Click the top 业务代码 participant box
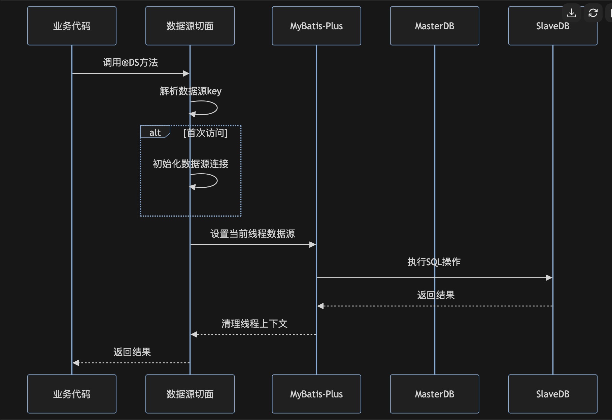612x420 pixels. click(x=72, y=26)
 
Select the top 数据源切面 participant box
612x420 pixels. click(x=190, y=26)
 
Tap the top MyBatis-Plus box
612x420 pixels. click(x=316, y=26)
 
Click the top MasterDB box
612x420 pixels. click(x=434, y=26)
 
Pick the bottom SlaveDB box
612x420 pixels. click(x=552, y=394)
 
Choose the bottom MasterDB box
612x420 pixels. click(x=434, y=394)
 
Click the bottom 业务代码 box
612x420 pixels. click(x=72, y=394)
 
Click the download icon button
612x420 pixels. click(x=571, y=13)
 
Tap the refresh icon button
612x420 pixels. click(x=593, y=13)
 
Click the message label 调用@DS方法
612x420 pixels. click(x=130, y=62)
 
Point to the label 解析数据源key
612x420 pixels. click(x=191, y=91)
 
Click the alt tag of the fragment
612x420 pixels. click(x=155, y=132)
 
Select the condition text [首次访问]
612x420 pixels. click(x=205, y=133)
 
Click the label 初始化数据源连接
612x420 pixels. click(x=191, y=164)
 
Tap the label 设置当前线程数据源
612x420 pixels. click(x=252, y=234)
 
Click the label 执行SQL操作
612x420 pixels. click(x=434, y=262)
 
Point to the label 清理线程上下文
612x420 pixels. click(x=254, y=324)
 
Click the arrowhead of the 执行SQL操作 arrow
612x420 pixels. click(x=549, y=277)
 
